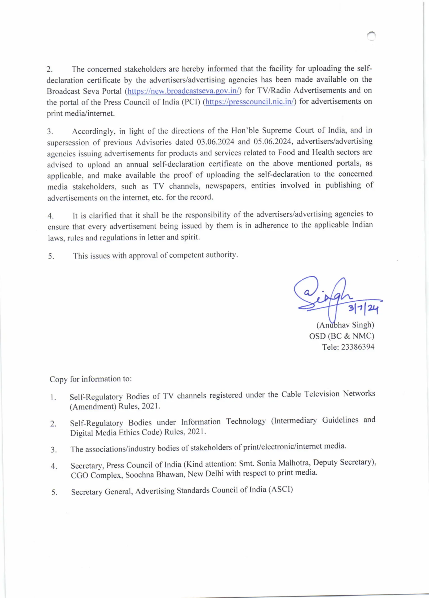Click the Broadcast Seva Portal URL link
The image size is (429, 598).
[183, 91]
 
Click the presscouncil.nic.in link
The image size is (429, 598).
[249, 102]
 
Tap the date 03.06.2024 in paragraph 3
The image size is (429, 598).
[216, 142]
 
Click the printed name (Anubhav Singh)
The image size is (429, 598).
[345, 325]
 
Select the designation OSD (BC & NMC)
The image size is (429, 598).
[341, 336]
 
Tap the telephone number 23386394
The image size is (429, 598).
[358, 347]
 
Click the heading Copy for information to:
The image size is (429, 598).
[90, 379]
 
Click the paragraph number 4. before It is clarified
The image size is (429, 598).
[51, 216]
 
